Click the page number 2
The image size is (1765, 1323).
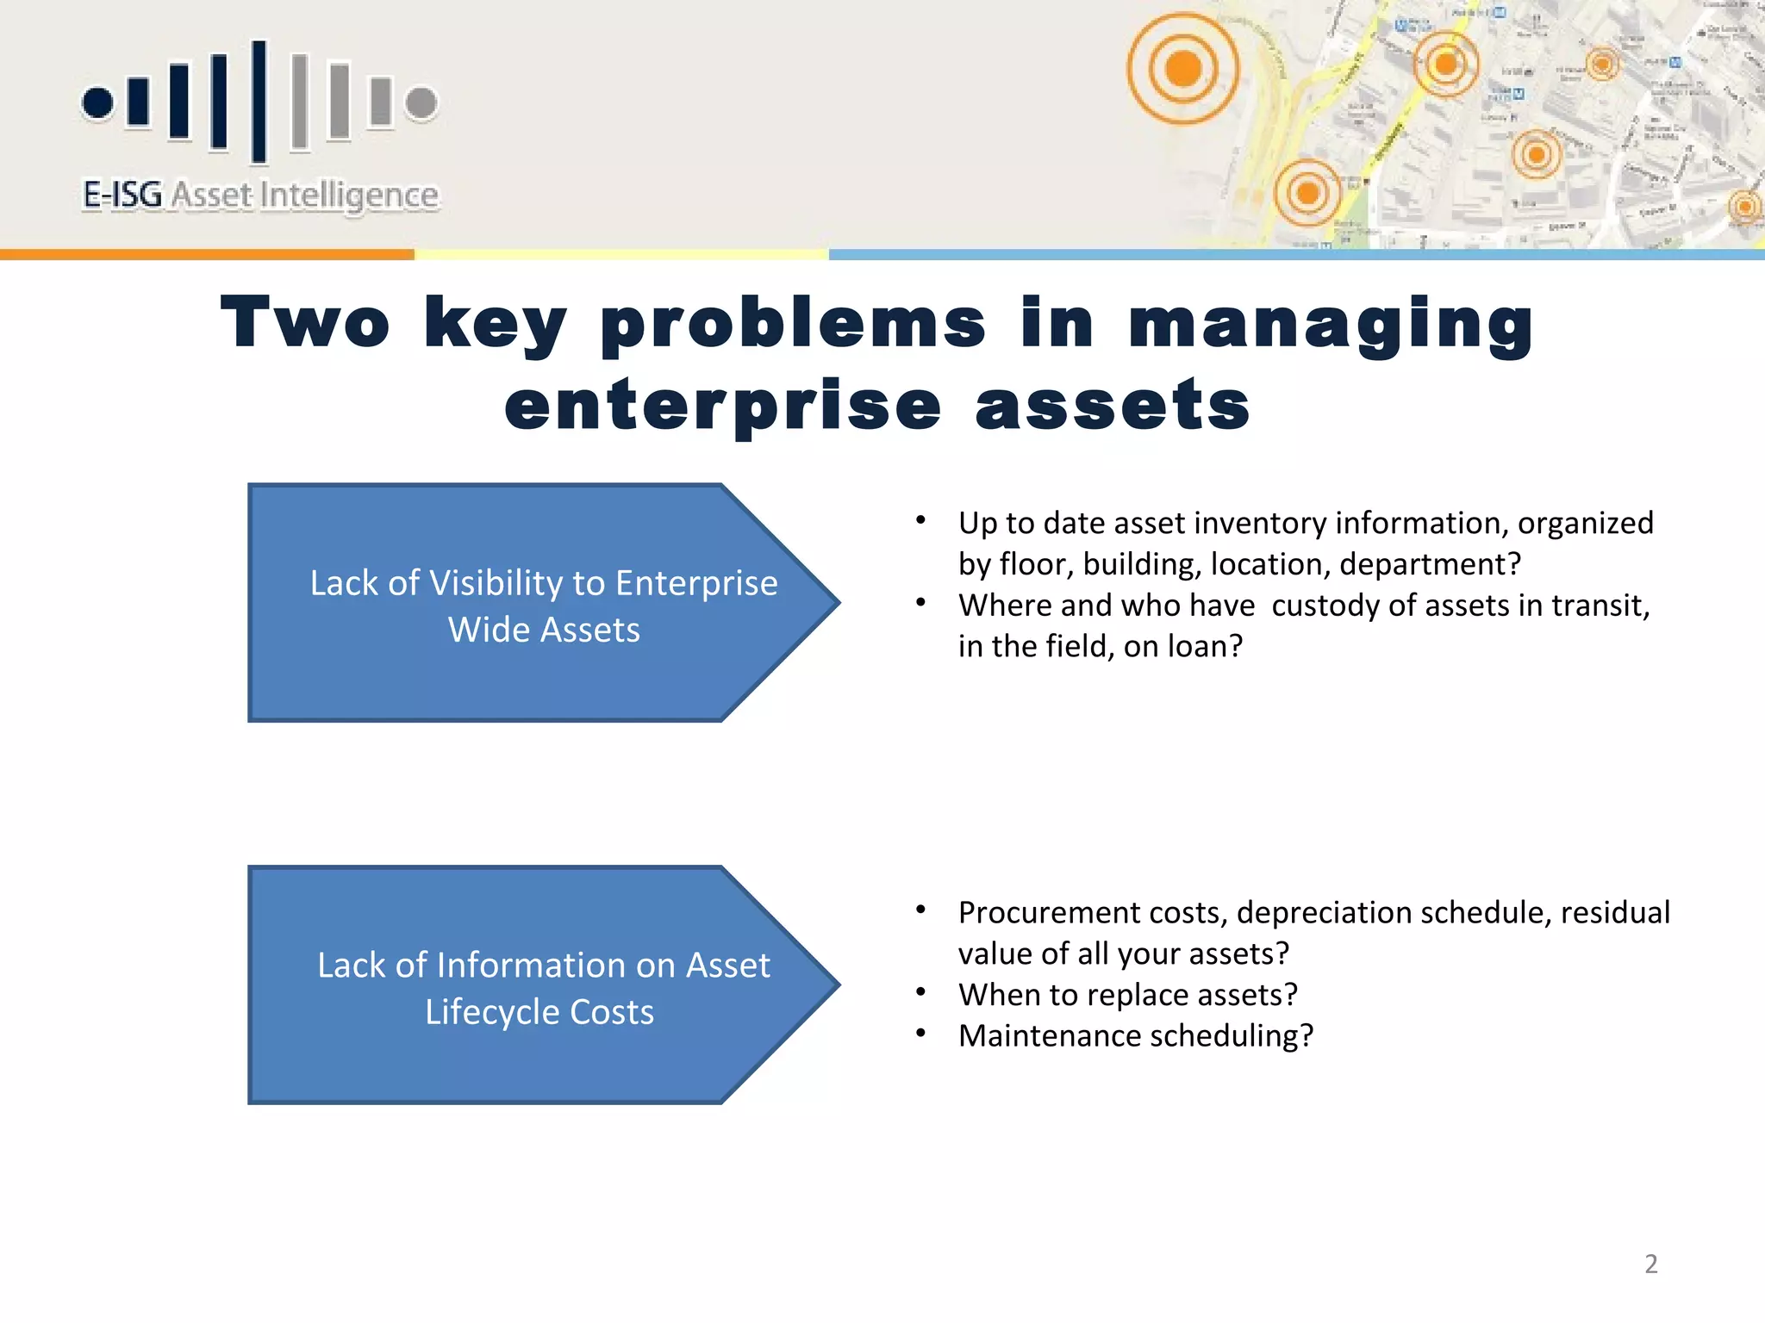coord(1650,1264)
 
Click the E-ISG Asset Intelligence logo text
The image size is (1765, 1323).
coord(260,196)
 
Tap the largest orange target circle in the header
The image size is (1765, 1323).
coord(1182,68)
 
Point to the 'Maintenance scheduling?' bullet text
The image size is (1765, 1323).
coord(1135,1035)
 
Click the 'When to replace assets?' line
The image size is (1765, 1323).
coord(1127,995)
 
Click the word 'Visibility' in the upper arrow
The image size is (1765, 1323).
coord(496,583)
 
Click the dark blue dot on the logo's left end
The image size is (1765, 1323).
coord(97,102)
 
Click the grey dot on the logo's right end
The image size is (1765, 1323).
coord(421,102)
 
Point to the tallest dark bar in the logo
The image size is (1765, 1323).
coord(259,101)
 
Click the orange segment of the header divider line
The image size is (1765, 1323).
coord(207,255)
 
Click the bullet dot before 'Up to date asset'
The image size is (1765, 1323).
coord(920,520)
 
